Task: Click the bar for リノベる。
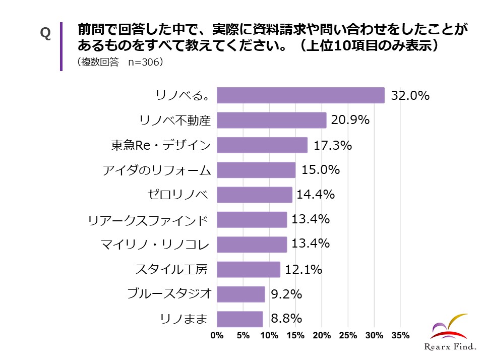pyautogui.click(x=300, y=95)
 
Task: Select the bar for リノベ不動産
pyautogui.click(x=272, y=120)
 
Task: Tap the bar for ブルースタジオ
pyautogui.click(x=240, y=294)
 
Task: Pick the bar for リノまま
pyautogui.click(x=240, y=319)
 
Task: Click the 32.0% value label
pyautogui.click(x=410, y=95)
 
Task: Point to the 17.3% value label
pyautogui.click(x=333, y=145)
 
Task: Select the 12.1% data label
pyautogui.click(x=304, y=269)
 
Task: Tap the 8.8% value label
pyautogui.click(x=286, y=319)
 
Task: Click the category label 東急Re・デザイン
pyautogui.click(x=160, y=145)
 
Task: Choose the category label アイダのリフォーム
pyautogui.click(x=157, y=170)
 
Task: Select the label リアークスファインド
pyautogui.click(x=148, y=220)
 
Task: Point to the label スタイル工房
pyautogui.click(x=171, y=269)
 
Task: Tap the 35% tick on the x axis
pyautogui.click(x=400, y=335)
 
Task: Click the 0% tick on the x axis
pyautogui.click(x=217, y=335)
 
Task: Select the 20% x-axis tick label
pyautogui.click(x=322, y=335)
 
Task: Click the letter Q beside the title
pyautogui.click(x=45, y=33)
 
